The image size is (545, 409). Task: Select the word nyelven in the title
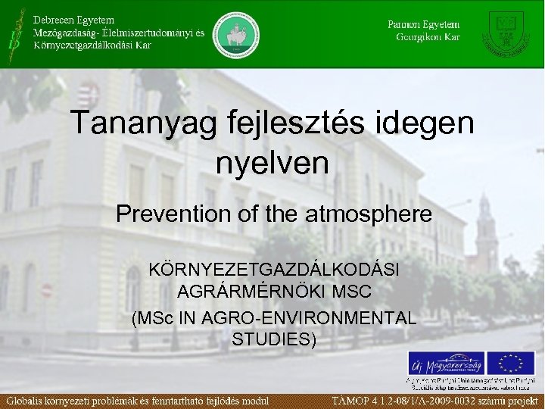272,162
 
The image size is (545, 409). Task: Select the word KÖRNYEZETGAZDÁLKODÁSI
275,270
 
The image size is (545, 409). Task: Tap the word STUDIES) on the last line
275,338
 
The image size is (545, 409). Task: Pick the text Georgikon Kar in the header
428,37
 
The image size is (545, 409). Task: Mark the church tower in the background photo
485,235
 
